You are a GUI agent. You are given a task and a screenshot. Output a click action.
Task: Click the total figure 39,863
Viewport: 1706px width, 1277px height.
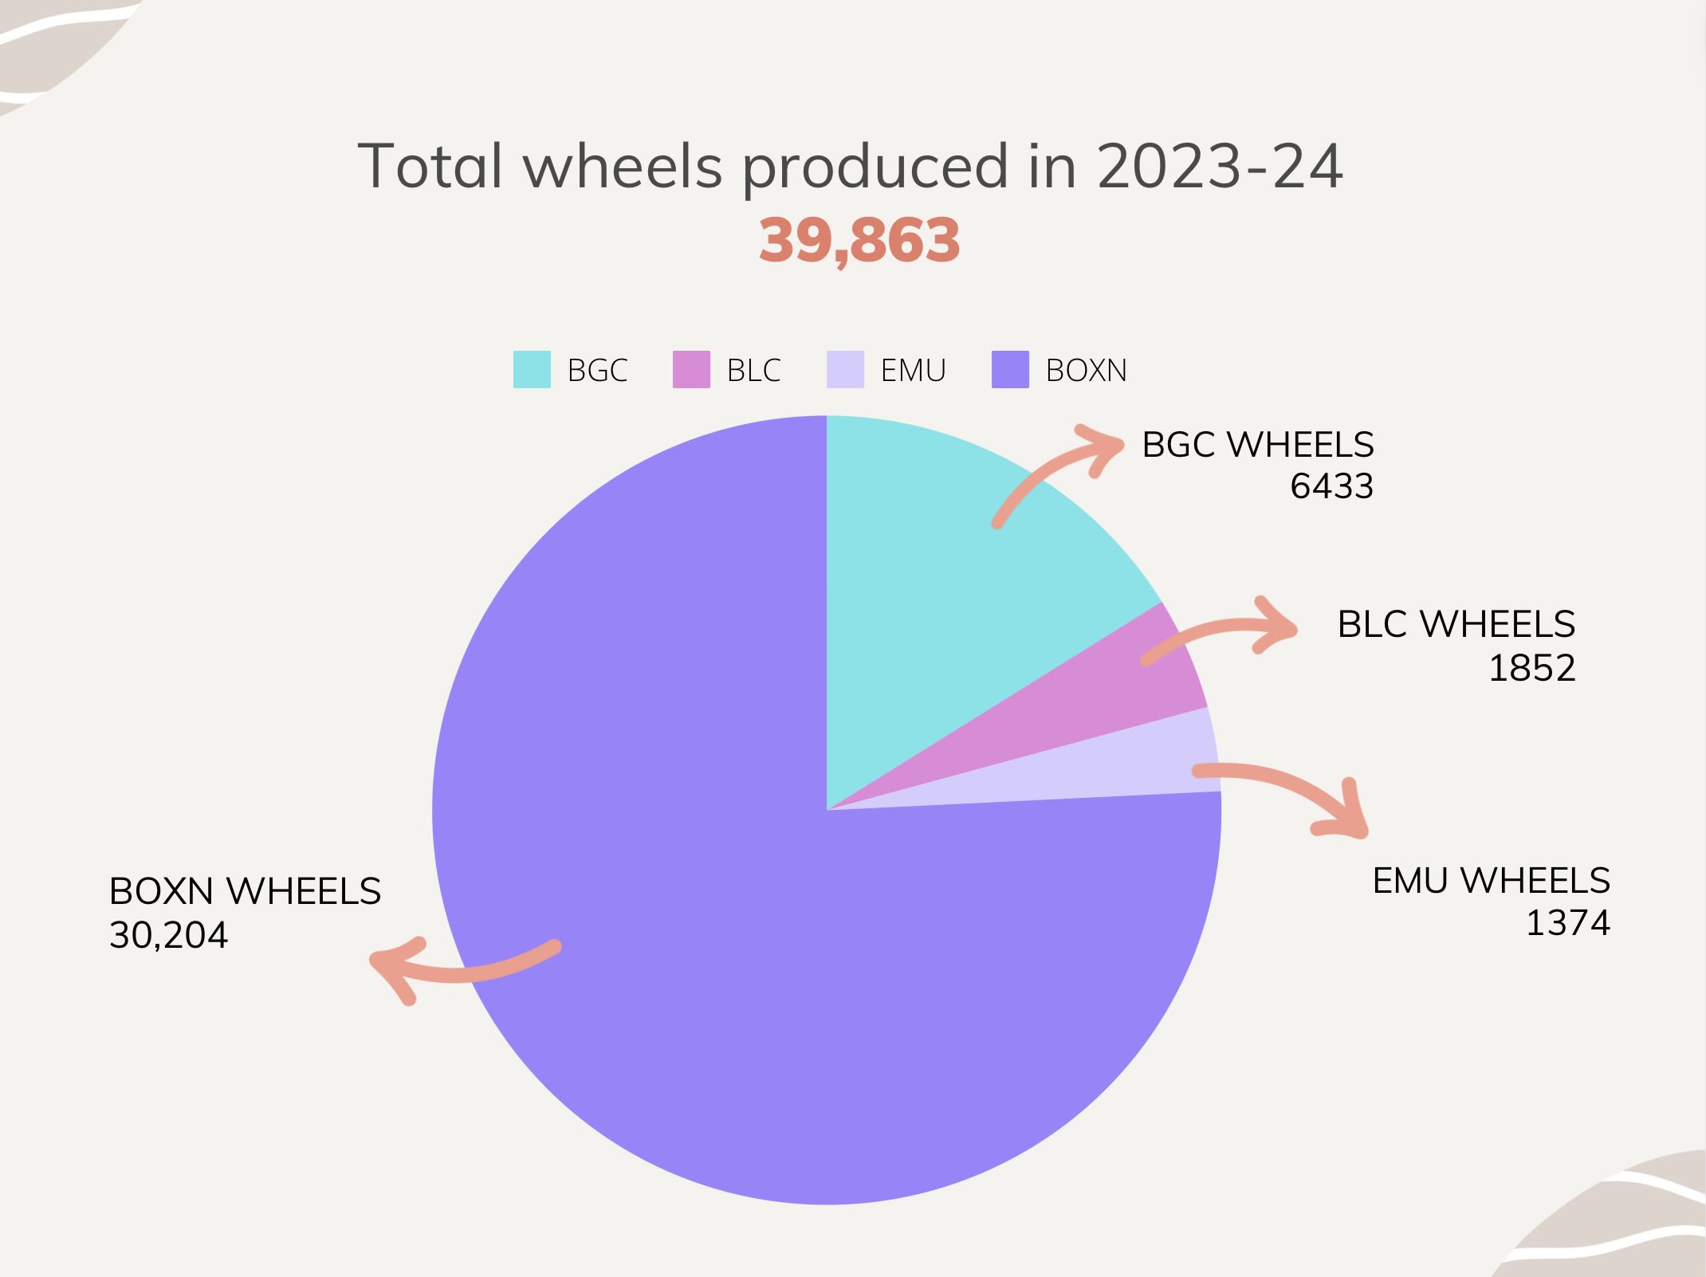pyautogui.click(x=859, y=240)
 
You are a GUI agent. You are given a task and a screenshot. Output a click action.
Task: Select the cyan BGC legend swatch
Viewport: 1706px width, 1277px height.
pyautogui.click(x=532, y=370)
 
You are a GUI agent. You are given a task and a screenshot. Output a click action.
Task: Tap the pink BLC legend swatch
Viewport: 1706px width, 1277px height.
pyautogui.click(x=691, y=370)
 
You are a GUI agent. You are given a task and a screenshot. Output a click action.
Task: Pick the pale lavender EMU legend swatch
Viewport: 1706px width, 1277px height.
pyautogui.click(x=845, y=370)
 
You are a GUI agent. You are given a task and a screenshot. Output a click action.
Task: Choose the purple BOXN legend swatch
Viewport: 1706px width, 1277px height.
pyautogui.click(x=1010, y=370)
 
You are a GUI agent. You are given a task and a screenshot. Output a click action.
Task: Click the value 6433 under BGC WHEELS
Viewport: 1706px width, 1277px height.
pyautogui.click(x=1331, y=486)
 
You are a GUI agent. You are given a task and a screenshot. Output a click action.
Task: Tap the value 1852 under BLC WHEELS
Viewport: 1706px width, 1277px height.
pyautogui.click(x=1531, y=668)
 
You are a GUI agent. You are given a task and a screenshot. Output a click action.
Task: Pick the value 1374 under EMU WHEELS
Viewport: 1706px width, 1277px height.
pyautogui.click(x=1567, y=923)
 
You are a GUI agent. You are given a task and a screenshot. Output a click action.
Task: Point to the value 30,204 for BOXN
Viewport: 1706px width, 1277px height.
pyautogui.click(x=168, y=935)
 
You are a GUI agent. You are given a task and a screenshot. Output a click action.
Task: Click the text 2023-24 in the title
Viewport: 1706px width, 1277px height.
pyautogui.click(x=1220, y=167)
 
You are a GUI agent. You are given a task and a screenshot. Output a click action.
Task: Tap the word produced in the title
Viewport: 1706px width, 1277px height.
pyautogui.click(x=875, y=167)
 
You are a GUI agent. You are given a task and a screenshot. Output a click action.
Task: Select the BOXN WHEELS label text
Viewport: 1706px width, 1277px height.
pyautogui.click(x=245, y=891)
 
